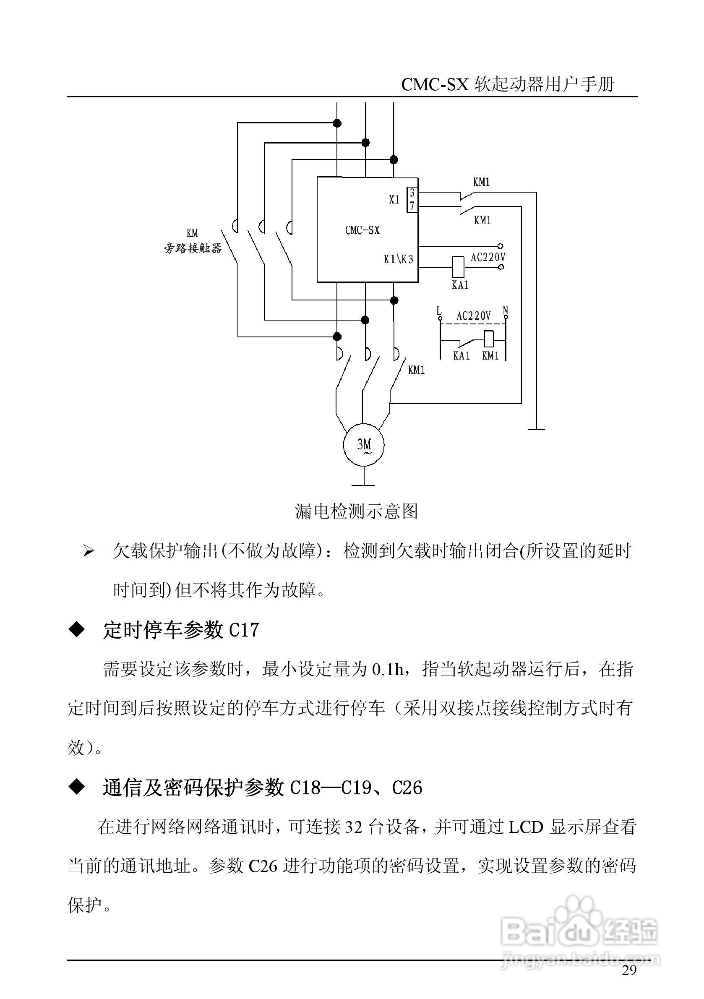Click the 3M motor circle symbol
(x=364, y=444)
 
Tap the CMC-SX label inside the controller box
(x=362, y=230)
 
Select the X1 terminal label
(x=394, y=200)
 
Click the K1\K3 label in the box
(x=398, y=260)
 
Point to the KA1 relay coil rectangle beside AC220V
(x=458, y=267)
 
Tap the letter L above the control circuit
(x=439, y=310)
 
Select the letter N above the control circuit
(x=505, y=310)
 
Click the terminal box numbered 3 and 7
(x=412, y=200)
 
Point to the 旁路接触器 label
(x=192, y=248)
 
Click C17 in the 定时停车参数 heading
(x=244, y=631)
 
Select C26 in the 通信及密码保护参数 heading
(x=407, y=788)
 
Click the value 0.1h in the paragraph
(x=388, y=670)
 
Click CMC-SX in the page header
(x=434, y=85)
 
